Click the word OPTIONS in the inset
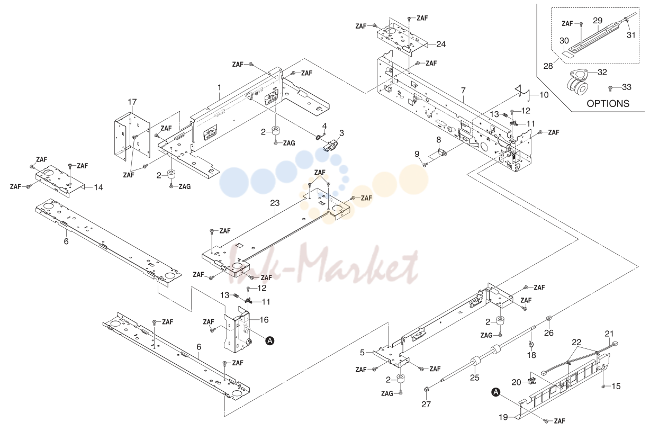point(608,104)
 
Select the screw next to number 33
point(610,87)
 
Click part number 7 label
point(463,91)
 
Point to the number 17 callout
point(132,102)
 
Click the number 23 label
point(275,203)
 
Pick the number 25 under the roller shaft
point(474,378)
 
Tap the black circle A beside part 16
point(270,340)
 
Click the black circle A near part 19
point(496,392)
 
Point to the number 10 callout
point(544,95)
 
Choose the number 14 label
point(98,187)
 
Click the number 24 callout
point(441,44)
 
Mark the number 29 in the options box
point(598,21)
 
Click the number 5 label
point(362,352)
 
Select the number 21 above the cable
point(609,334)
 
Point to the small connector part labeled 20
point(532,381)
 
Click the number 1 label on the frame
point(220,87)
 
